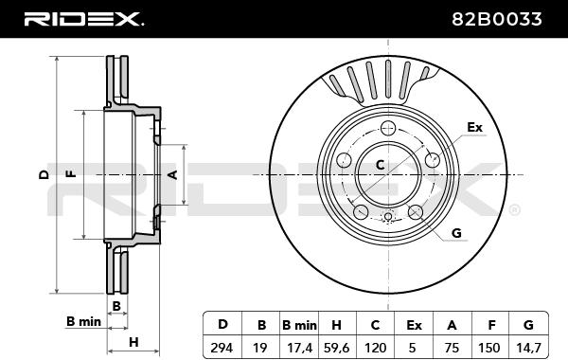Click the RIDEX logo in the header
83,19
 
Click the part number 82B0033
497,19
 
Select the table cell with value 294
222,348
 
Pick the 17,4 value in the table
299,348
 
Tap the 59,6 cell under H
336,348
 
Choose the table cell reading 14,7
528,348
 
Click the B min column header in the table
299,325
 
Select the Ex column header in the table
414,325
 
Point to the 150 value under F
489,348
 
